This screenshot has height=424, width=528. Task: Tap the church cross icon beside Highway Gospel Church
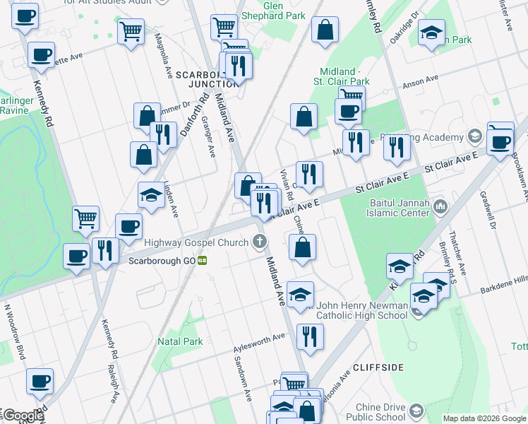tap(260, 242)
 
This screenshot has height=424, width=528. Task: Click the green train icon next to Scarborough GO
tap(203, 260)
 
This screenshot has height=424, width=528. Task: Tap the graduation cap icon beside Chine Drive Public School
tap(416, 411)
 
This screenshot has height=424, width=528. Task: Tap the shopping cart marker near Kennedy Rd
tap(85, 219)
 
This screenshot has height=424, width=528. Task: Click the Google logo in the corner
tap(23, 416)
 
